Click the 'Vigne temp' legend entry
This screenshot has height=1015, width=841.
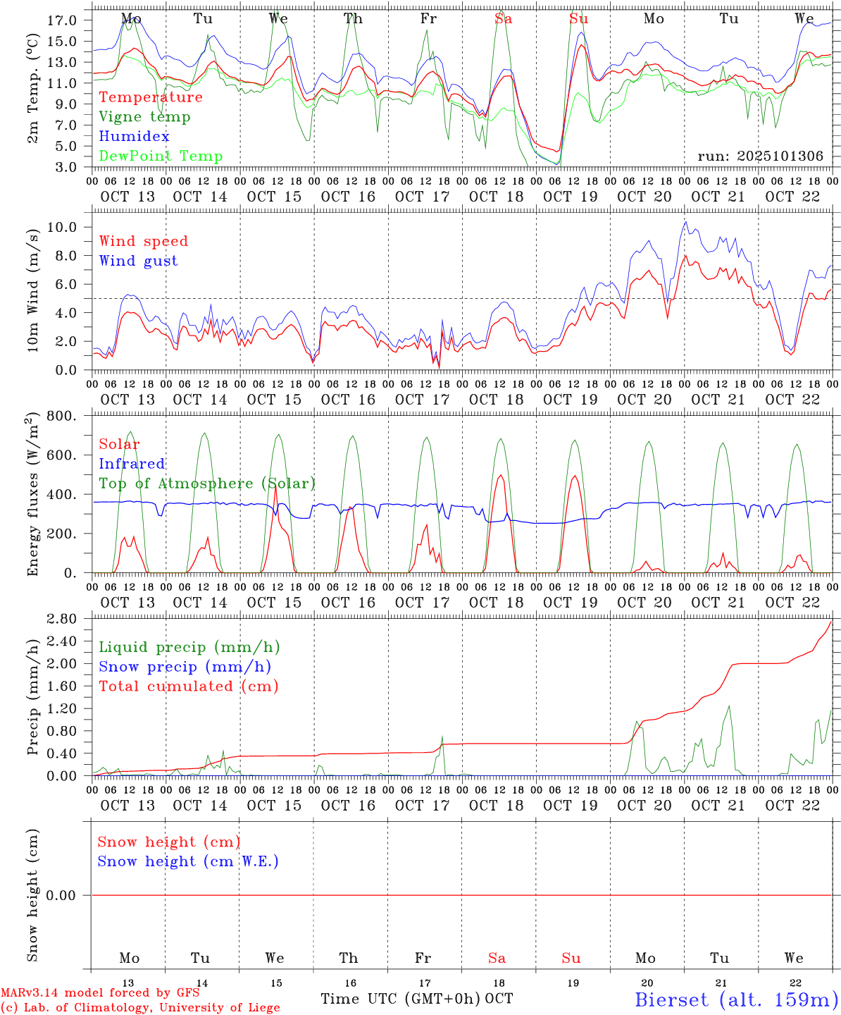tap(144, 117)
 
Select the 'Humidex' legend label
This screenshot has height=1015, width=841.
tap(134, 137)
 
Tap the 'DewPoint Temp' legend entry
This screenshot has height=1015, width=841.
tap(161, 156)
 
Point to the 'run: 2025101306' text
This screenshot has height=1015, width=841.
tap(760, 156)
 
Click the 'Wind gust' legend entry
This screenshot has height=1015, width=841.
tap(138, 261)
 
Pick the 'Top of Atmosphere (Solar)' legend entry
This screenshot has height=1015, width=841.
tap(207, 484)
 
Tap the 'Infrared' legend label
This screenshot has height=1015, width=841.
tap(132, 464)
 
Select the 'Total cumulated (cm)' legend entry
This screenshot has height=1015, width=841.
tap(188, 687)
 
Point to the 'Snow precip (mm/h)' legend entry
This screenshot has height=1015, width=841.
tap(185, 667)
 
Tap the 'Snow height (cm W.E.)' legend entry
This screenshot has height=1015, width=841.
tap(188, 861)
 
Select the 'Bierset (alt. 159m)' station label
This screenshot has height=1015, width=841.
tap(736, 999)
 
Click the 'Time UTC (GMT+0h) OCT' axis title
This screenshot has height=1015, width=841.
tap(416, 999)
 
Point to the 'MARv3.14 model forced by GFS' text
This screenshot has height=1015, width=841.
tap(100, 992)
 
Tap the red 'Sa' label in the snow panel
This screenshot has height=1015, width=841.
tap(497, 958)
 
